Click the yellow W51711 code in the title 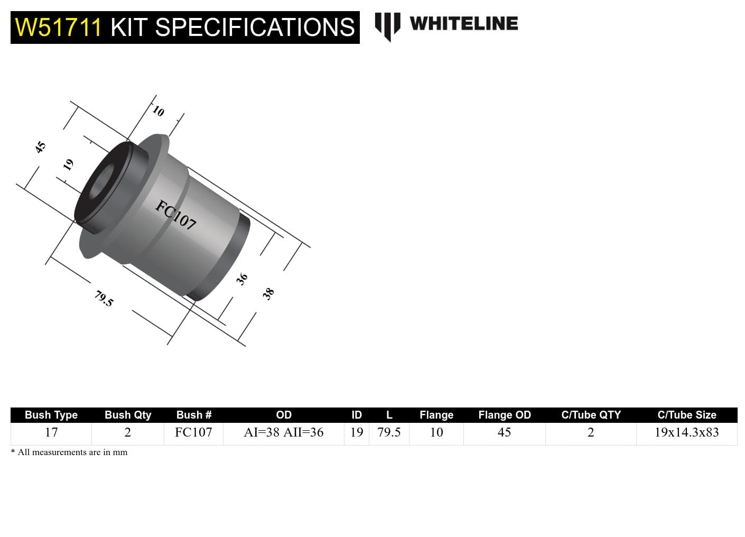58,27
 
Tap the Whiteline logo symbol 387,25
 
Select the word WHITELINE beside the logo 463,24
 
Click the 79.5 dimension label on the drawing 104,299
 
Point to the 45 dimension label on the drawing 41,147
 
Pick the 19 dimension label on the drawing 68,165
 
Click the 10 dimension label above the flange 159,111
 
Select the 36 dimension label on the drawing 241,279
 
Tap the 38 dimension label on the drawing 268,293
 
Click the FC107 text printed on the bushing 176,215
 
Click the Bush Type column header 51,415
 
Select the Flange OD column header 504,415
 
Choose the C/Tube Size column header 686,415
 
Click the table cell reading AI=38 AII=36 283,432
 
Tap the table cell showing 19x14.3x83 686,432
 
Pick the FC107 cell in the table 193,432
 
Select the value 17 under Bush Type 51,432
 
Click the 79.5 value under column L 389,432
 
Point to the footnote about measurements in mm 69,452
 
